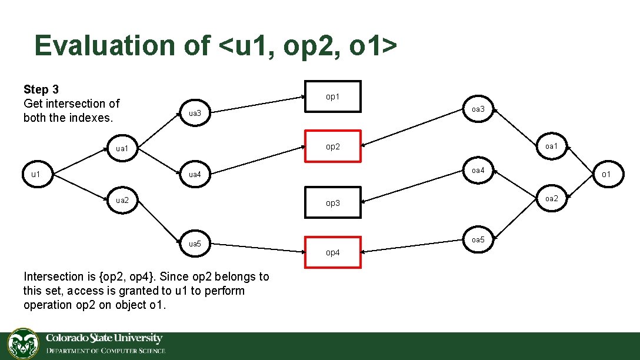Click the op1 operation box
(x=333, y=96)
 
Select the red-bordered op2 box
(x=333, y=146)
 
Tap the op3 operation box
(x=333, y=203)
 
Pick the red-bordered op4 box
(x=333, y=252)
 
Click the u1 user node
(x=36, y=174)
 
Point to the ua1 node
(x=122, y=149)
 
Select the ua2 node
(x=122, y=200)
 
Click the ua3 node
(x=195, y=113)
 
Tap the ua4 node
(x=195, y=174)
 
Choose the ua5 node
(x=195, y=244)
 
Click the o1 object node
(x=606, y=174)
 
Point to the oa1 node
(x=552, y=146)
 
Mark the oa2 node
(x=552, y=198)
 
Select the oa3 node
(x=478, y=109)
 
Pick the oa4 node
(x=478, y=171)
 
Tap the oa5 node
(x=478, y=239)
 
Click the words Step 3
(x=41, y=90)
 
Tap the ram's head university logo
(x=23, y=344)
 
